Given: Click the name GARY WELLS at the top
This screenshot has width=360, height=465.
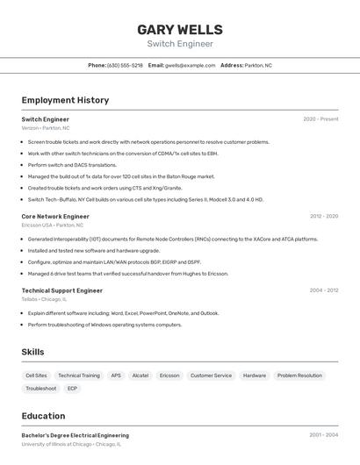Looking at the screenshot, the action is (180, 30).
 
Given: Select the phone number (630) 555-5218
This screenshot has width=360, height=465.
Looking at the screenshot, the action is (125, 65).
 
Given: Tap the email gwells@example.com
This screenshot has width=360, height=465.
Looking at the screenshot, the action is (190, 65).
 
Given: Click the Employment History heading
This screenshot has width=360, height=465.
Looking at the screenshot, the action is (65, 100).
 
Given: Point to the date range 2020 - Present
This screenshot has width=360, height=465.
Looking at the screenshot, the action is (320, 119).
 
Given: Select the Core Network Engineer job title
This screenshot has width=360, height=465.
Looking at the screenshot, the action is (55, 216).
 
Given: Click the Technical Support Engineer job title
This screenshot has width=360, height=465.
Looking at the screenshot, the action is (62, 290).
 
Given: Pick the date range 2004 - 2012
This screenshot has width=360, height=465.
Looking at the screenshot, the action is (323, 290).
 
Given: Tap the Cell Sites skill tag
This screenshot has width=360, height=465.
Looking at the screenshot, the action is (36, 376).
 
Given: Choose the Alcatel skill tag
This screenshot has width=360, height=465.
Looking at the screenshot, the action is (140, 376).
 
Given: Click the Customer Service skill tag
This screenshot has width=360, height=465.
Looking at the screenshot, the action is (211, 376).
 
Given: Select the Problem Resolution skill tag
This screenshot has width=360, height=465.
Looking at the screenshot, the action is (299, 376).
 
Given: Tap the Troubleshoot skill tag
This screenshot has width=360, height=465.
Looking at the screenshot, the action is (40, 389).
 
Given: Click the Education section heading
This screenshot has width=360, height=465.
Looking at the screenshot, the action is (43, 416).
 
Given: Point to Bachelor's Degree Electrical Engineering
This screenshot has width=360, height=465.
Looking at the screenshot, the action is (75, 435).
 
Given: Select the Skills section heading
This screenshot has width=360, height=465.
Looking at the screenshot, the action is (32, 352).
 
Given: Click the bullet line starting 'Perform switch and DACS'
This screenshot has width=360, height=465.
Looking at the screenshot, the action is (72, 165).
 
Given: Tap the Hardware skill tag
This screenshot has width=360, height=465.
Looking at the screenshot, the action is (255, 376).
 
